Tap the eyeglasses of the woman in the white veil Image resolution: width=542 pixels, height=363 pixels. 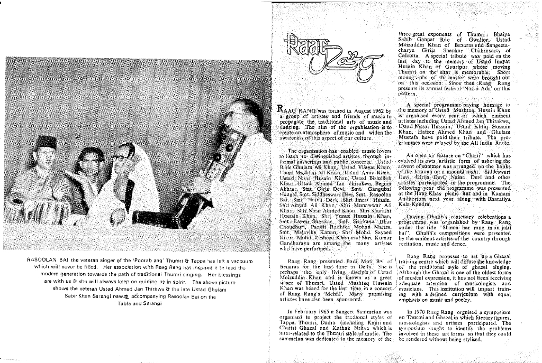click(120, 157)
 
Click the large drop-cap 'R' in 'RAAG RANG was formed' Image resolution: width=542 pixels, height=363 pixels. click(281, 109)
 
